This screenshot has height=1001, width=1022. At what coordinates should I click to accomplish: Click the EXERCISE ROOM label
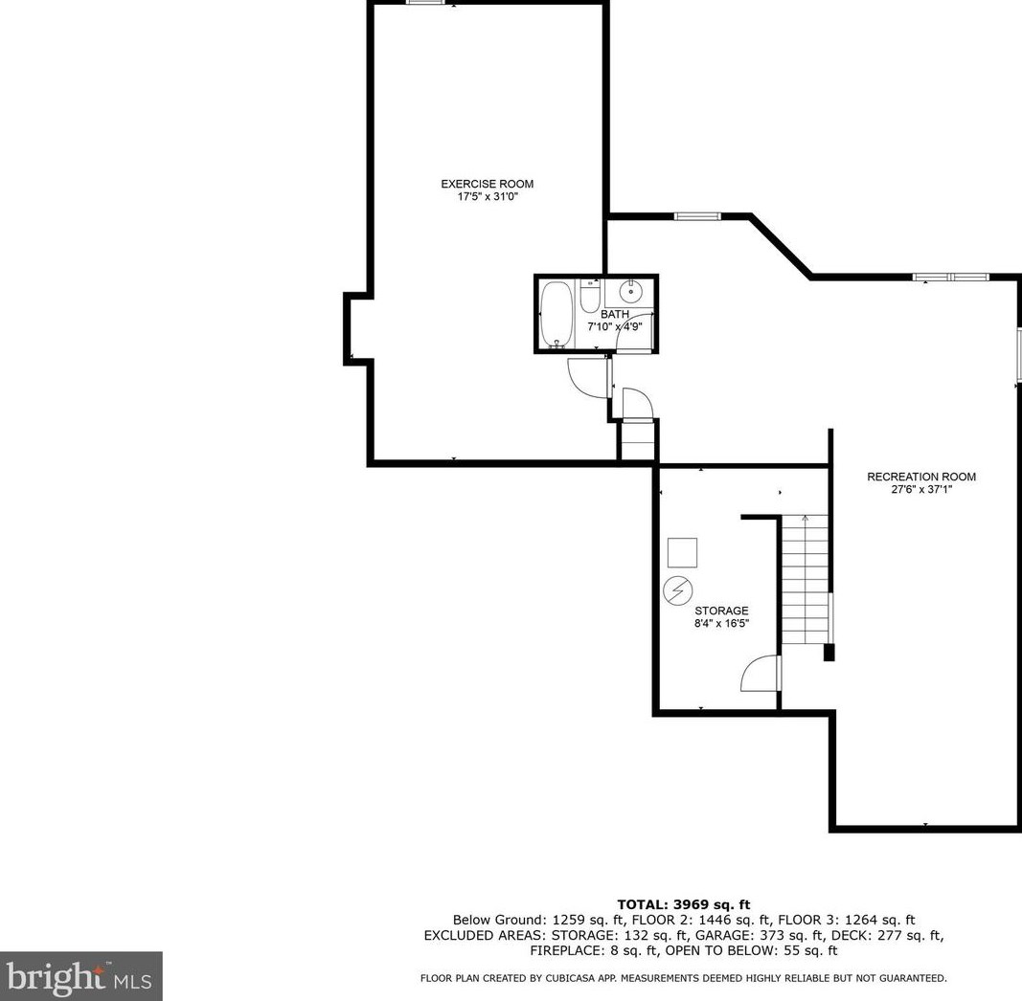coord(487,184)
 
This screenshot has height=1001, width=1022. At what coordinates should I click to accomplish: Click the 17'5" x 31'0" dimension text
coord(487,197)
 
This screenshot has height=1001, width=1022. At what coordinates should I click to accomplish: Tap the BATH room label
coord(614,314)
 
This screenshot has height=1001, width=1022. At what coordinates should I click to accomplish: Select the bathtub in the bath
coord(555,316)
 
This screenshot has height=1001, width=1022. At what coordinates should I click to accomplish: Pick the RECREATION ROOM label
coord(921,477)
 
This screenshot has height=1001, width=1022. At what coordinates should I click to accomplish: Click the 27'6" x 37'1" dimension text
coord(921,490)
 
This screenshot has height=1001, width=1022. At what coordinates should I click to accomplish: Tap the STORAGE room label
coord(721,611)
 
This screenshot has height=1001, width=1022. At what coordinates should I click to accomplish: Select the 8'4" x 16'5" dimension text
coord(721,624)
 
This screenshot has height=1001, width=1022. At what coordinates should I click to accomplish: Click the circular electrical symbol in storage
coord(677,589)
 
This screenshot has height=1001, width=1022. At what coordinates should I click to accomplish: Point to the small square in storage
coord(682,552)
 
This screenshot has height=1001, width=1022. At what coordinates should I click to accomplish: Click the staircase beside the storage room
coord(805,580)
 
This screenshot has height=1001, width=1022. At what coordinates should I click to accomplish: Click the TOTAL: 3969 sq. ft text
coord(683,904)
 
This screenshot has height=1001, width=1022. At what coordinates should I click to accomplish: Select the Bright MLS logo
coord(80,976)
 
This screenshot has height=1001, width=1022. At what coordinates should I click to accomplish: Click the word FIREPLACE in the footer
coord(565,951)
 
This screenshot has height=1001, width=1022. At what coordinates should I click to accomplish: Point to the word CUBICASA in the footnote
coord(590,978)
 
